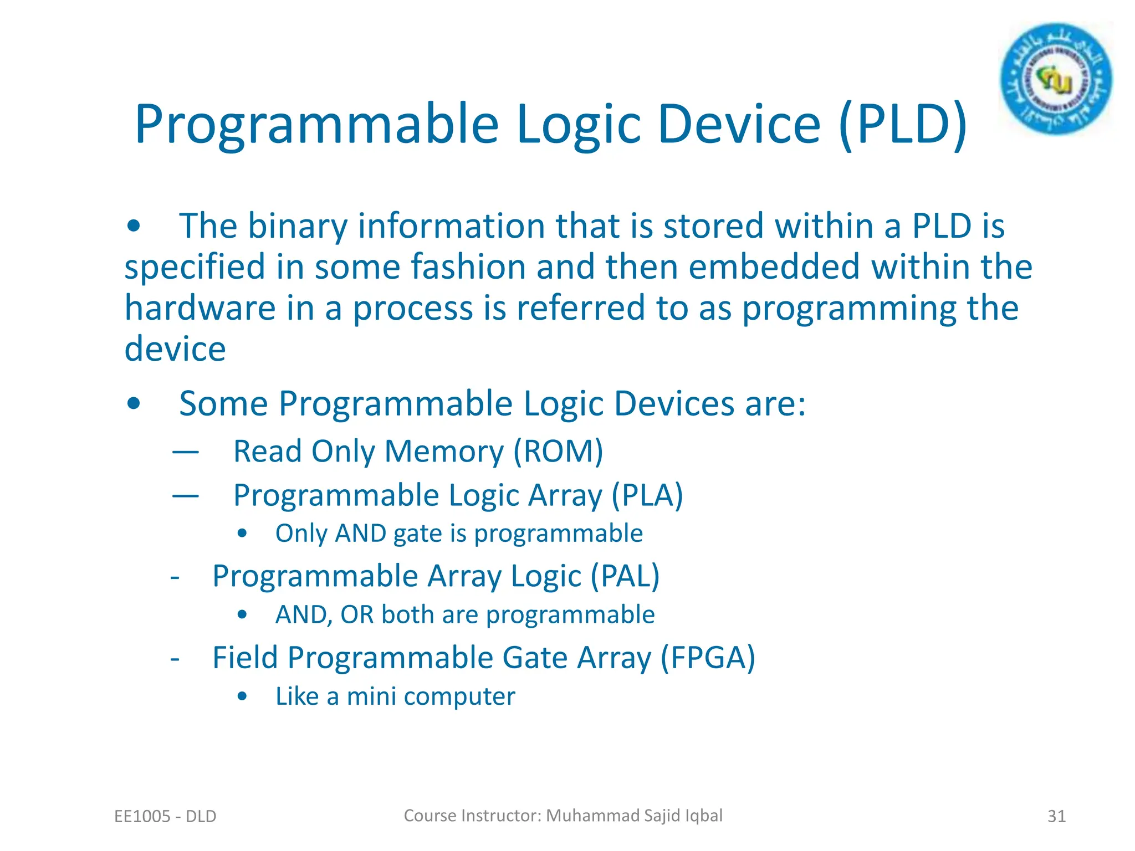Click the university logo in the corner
[x=1056, y=79]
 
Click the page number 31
[x=1056, y=816]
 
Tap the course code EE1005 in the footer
[x=142, y=816]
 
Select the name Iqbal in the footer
[x=704, y=816]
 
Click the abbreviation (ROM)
[x=558, y=451]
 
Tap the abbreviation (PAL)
[x=625, y=576]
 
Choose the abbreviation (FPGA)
[x=708, y=658]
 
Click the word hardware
[x=200, y=308]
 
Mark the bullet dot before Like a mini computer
[x=242, y=697]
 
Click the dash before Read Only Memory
[x=185, y=452]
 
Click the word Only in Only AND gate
[x=301, y=534]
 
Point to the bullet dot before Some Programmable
[x=134, y=404]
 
